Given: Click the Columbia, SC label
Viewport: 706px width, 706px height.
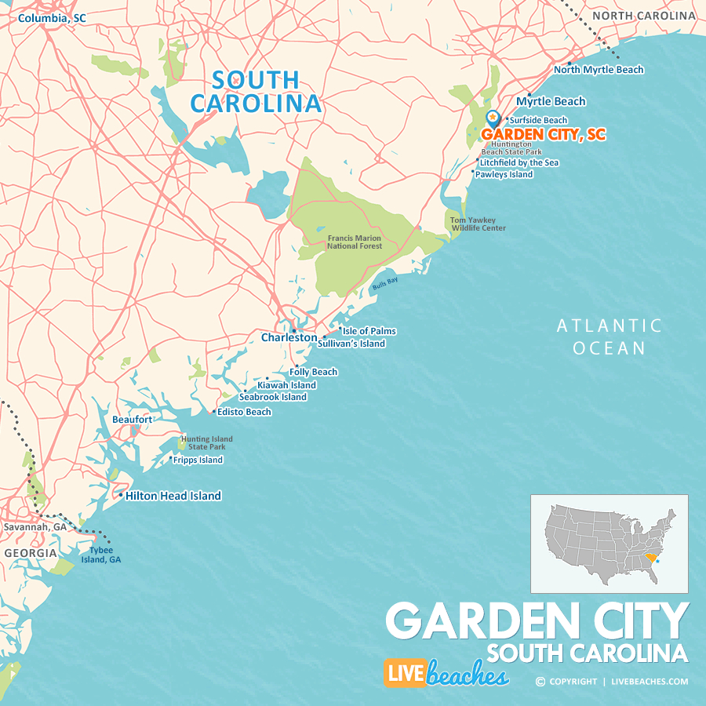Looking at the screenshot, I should pos(52,17).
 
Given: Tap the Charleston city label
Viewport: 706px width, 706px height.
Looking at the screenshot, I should pos(289,337).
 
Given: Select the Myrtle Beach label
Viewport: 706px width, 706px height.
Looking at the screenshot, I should pos(551,101).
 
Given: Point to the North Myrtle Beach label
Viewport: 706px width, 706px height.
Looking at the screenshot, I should pos(599,69).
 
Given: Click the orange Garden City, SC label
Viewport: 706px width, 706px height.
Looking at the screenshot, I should pos(544,134).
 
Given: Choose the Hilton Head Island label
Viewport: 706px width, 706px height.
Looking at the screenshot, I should pos(173,496).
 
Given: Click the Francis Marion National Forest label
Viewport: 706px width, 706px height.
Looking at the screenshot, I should pos(355,242).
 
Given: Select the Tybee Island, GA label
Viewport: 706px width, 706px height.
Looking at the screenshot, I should pos(105,555).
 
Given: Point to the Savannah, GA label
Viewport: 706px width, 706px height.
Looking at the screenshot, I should pos(35,527).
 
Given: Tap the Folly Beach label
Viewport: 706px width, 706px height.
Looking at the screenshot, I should pos(314,372).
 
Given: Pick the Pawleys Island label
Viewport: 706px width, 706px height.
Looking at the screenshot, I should pos(504,174).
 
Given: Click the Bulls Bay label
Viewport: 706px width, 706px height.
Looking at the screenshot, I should pos(385,284).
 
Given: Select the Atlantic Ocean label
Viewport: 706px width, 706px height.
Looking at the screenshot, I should pos(609,337).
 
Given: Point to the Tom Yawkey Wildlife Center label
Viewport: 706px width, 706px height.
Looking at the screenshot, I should pos(478,224).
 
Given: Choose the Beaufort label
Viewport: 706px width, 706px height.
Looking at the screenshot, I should pos(132,420).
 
